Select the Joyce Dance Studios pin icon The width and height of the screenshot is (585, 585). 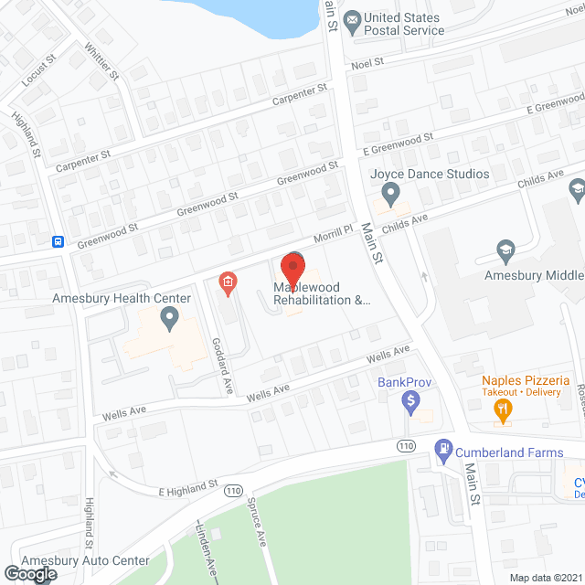click(x=391, y=193)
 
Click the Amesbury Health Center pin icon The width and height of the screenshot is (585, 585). click(x=169, y=317)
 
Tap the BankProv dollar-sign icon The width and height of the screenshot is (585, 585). click(x=411, y=399)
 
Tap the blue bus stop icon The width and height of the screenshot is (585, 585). click(x=58, y=241)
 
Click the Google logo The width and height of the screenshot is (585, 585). click(x=29, y=573)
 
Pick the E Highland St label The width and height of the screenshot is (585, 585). click(x=187, y=484)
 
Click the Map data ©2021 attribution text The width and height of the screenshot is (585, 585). click(x=545, y=577)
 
